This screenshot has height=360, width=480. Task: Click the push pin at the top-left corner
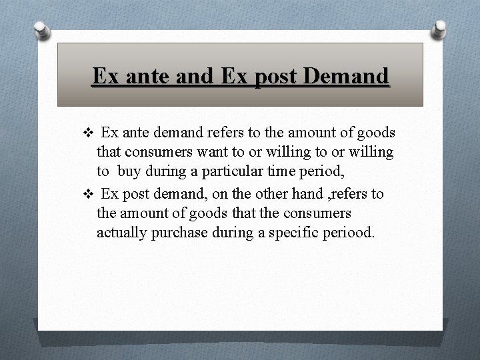(x=42, y=30)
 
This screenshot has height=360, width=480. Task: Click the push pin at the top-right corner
(x=439, y=27)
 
